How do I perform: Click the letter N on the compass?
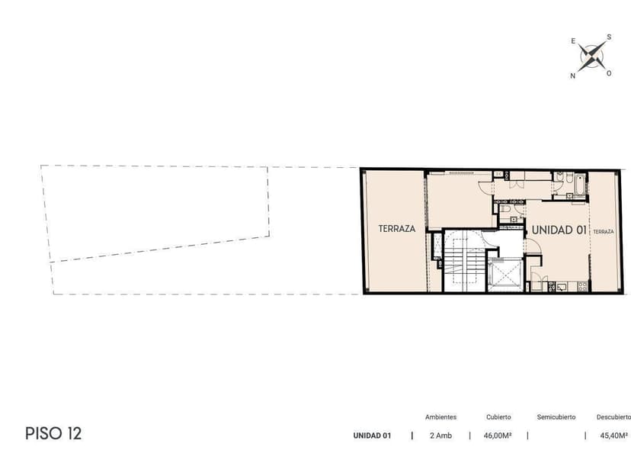[x=572, y=76]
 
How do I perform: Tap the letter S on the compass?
[x=609, y=37]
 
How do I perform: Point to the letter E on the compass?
[x=573, y=41]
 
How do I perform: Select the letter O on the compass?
[x=609, y=73]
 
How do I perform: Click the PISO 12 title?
[x=53, y=433]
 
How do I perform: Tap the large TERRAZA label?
[x=397, y=229]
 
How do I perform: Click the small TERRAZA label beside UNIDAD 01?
[x=604, y=232]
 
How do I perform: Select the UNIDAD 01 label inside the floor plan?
[x=559, y=230]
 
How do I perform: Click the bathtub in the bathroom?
[x=580, y=185]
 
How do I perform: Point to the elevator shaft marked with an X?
[x=504, y=275]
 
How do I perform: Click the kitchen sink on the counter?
[x=562, y=287]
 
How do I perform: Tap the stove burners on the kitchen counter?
[x=582, y=286]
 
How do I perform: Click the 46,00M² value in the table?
[x=498, y=436]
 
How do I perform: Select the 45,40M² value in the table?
[x=614, y=436]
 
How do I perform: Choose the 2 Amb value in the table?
[x=440, y=436]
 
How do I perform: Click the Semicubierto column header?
[x=556, y=417]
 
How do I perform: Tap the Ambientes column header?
[x=440, y=417]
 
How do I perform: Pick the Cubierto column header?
[x=498, y=417]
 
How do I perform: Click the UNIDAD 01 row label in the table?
[x=372, y=436]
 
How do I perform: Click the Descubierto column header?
[x=613, y=417]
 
